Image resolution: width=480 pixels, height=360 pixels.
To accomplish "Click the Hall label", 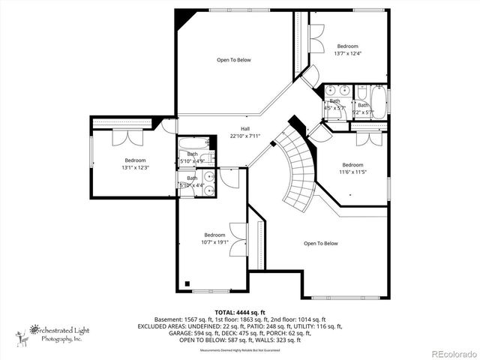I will coord(244,128).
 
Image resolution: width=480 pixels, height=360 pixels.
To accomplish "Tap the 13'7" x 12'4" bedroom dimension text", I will coord(347,53).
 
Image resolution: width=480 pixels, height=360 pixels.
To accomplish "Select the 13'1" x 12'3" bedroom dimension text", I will coord(135,167).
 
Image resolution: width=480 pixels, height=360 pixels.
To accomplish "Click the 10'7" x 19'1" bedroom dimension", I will coord(214,242).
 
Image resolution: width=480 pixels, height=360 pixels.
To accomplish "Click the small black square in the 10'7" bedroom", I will coord(187,284).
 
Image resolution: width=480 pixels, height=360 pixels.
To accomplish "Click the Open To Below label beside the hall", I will coord(233,60).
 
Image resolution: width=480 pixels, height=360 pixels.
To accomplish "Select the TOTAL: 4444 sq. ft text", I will coord(241,311).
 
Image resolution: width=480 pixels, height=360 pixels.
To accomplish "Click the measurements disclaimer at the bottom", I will coord(240,350).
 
